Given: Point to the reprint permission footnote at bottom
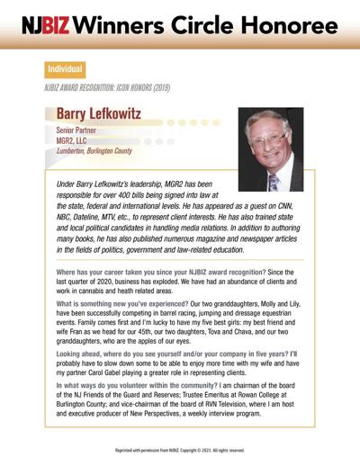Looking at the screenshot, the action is coord(179,449).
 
